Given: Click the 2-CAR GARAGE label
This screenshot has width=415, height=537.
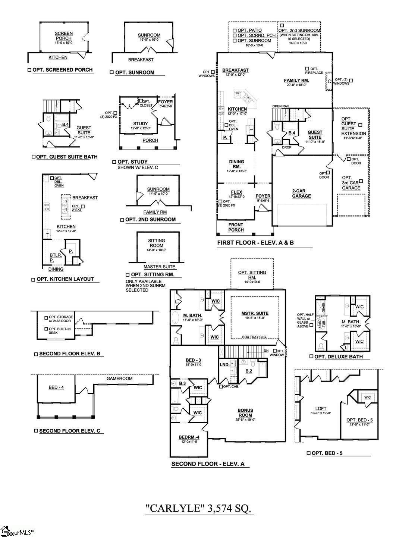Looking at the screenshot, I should click(x=301, y=193).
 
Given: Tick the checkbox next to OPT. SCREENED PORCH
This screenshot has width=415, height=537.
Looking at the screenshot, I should click(x=29, y=70).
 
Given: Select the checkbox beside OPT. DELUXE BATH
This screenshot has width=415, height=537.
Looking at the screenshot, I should click(x=311, y=357).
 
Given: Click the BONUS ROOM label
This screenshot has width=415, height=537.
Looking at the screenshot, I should click(x=245, y=412).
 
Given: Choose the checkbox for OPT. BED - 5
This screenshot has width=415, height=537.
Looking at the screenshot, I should click(x=308, y=453).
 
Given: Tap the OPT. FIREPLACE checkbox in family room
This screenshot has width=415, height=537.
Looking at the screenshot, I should click(x=307, y=69).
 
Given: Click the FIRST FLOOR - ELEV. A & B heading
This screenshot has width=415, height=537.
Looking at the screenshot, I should click(x=255, y=243).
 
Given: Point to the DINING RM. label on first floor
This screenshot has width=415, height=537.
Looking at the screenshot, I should click(x=236, y=164).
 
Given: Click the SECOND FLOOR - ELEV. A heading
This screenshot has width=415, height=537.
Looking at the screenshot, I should click(x=208, y=464).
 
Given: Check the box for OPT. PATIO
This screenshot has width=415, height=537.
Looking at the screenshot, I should click(x=235, y=30).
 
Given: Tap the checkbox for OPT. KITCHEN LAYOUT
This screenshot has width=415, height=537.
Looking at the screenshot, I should click(x=34, y=279).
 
